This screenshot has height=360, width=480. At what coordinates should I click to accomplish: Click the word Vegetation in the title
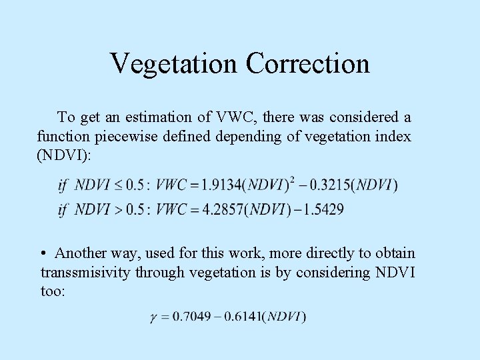point(174,64)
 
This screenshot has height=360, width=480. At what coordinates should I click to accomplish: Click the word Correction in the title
point(307,64)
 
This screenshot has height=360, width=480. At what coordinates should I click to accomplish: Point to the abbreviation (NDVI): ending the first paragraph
point(63,155)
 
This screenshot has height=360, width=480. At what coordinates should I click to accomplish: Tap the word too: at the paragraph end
point(53,291)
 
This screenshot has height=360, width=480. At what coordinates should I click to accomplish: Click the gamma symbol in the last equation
point(155,317)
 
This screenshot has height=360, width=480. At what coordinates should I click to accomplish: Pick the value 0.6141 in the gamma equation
point(241,317)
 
